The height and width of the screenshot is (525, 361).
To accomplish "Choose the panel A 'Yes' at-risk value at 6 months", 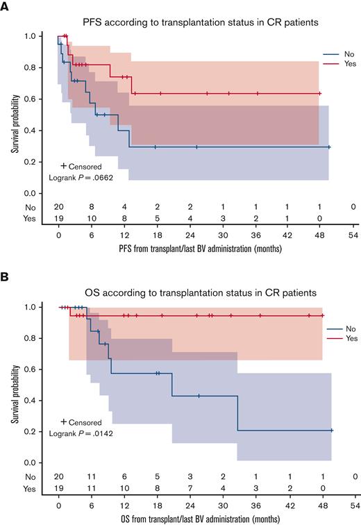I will [x=92, y=219].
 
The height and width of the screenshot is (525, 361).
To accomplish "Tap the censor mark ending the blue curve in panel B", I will [x=332, y=431].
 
